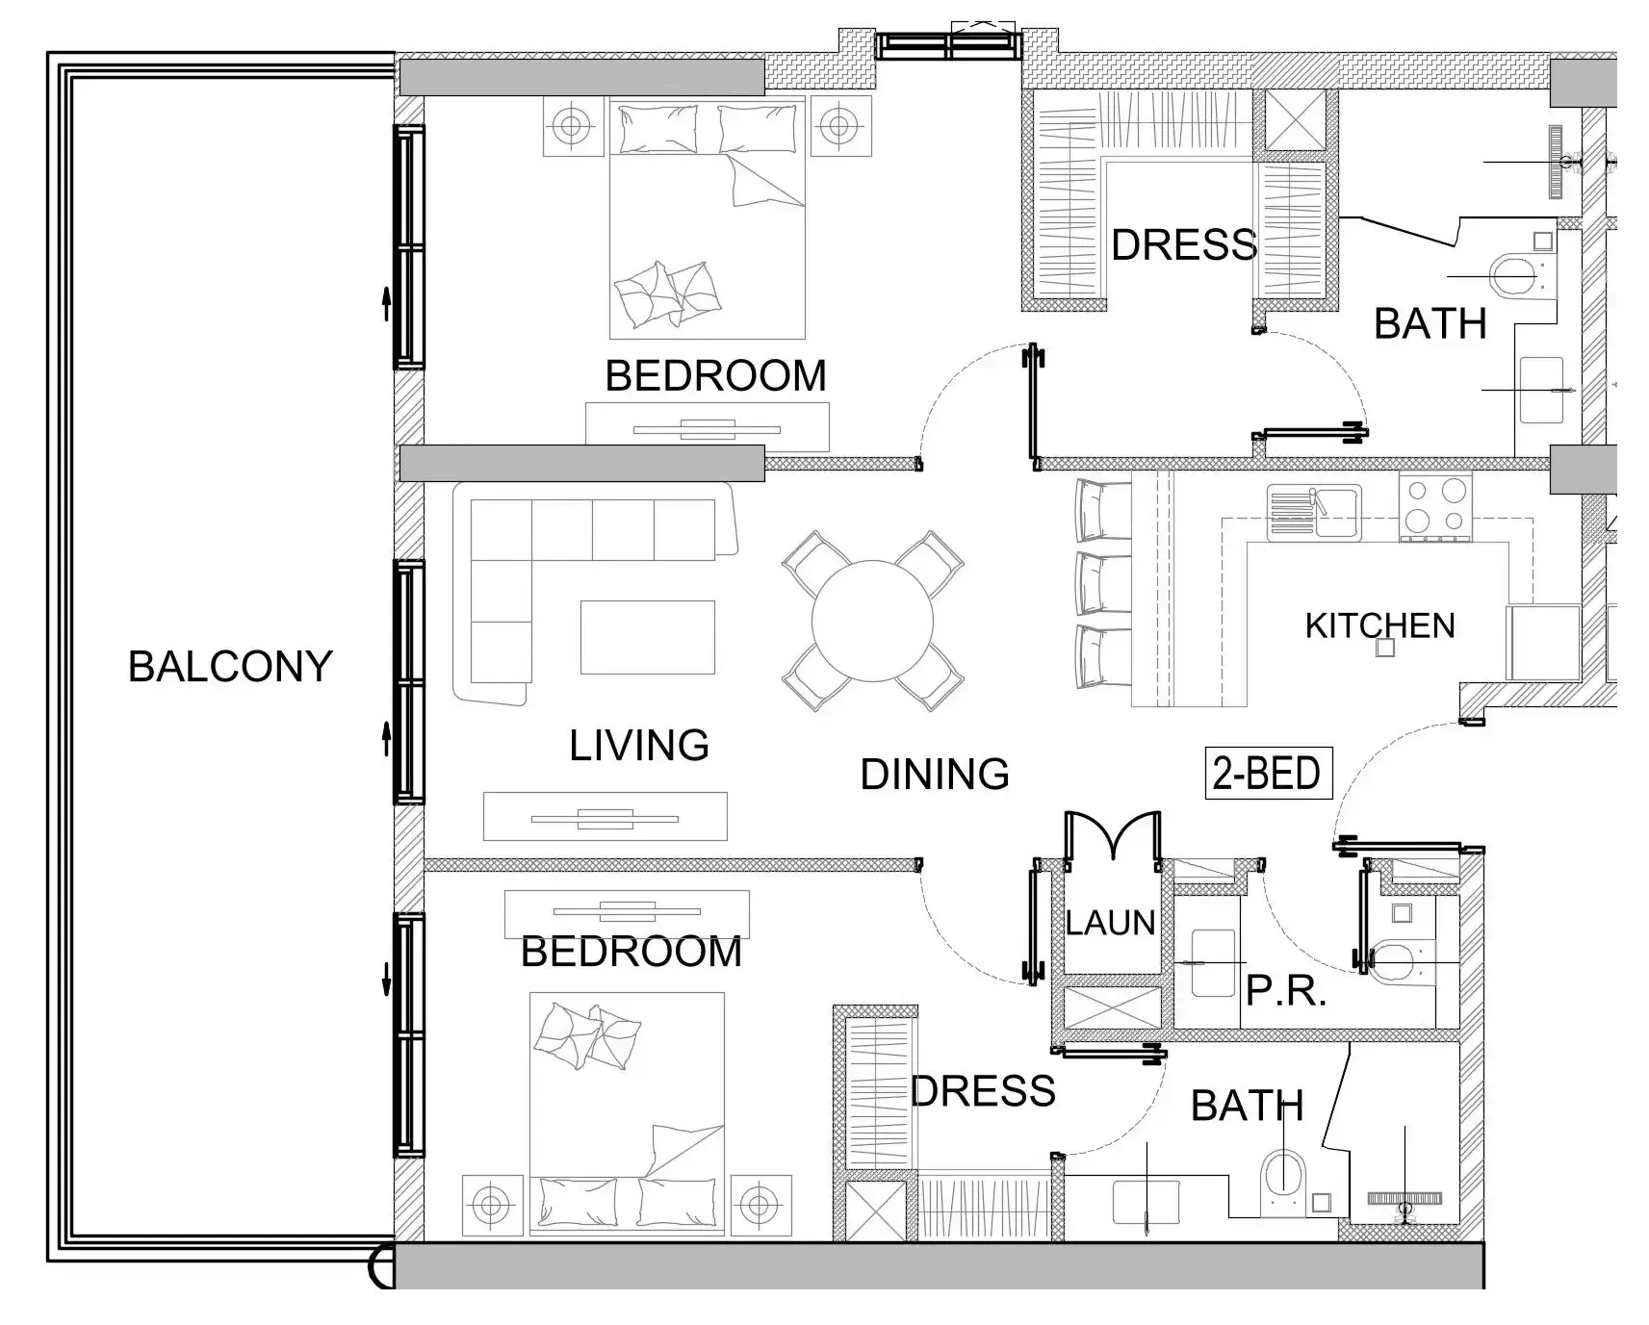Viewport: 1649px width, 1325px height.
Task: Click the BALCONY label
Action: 230,667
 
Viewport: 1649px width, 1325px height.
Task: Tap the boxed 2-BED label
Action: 1267,774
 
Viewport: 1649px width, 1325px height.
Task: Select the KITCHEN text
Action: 1378,626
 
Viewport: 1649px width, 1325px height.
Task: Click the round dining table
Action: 872,621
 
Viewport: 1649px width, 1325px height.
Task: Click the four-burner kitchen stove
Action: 1434,506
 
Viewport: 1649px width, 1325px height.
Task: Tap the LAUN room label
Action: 1110,923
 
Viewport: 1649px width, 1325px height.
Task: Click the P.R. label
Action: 1286,990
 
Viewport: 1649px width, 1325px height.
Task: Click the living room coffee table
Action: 647,637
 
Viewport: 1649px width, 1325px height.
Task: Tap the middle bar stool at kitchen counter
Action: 1103,583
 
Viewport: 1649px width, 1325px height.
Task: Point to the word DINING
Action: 934,775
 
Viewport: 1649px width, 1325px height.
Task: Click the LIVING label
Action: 638,746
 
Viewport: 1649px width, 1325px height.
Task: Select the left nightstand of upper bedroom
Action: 573,125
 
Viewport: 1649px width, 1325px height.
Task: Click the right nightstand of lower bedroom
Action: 760,1204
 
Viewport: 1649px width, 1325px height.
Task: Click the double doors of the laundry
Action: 1112,834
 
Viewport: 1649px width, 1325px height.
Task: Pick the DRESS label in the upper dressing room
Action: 1183,245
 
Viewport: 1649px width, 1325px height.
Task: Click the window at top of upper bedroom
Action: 948,45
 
